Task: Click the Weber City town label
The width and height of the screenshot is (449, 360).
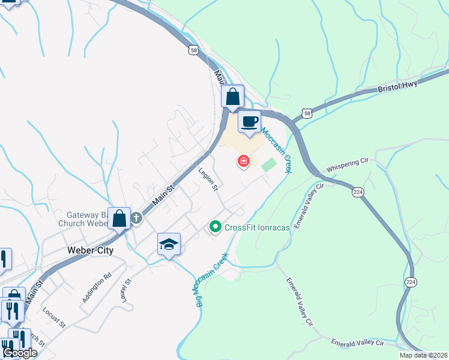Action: coord(89,250)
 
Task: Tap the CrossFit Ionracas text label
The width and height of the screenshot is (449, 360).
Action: coord(256,227)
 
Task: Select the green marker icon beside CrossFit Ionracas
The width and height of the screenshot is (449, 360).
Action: coord(215,227)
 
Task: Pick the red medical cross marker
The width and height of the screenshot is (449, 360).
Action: coord(244,161)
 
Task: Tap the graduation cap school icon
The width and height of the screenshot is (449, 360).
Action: coord(169,244)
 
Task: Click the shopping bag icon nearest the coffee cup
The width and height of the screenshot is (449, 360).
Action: coord(232,97)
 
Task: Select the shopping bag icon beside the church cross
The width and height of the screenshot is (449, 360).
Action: coord(119,218)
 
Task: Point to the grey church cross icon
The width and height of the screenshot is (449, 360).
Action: coord(136,218)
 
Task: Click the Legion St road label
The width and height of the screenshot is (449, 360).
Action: coord(208,180)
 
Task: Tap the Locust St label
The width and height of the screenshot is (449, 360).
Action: coord(53,317)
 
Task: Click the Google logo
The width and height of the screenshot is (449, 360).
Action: coord(20,353)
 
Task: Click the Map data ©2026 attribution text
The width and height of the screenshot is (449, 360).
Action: coord(423,355)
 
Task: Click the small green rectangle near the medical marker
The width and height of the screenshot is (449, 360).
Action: coord(269,164)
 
